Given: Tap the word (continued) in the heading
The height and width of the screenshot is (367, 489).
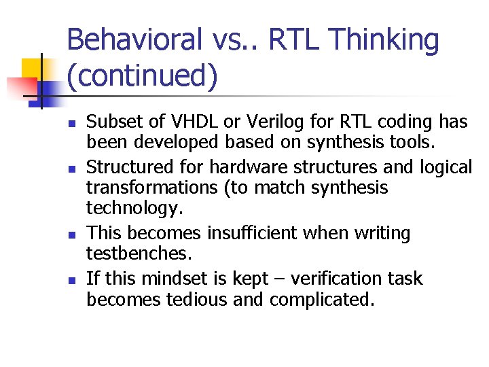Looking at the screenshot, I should (143, 75).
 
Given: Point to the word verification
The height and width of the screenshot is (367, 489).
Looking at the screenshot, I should (317, 279).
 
